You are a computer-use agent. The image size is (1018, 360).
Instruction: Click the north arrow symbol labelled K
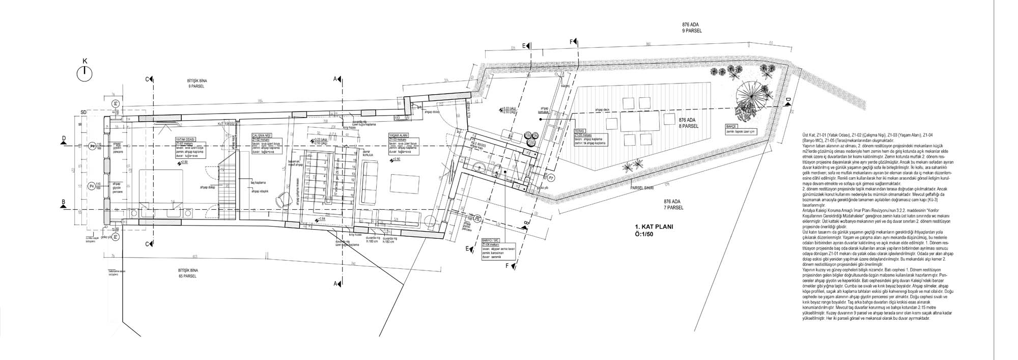coord(85,73)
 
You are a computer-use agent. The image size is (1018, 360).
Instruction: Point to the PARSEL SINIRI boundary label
coord(643,186)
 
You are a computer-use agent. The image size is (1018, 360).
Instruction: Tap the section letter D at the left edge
coord(64,138)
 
